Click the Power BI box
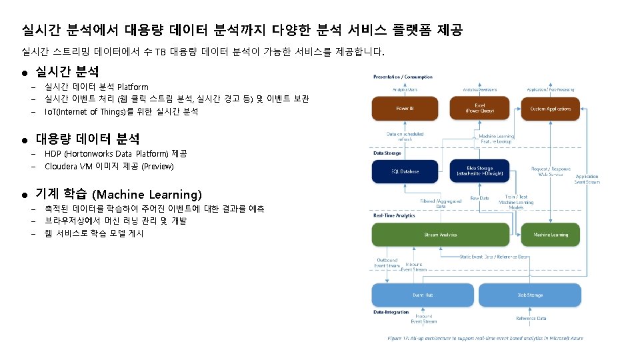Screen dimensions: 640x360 pos(405,109)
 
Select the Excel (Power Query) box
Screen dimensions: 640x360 pos(479,109)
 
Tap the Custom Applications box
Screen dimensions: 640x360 pos(550,109)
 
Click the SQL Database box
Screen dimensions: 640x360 pos(405,172)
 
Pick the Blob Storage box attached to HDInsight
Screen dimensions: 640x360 pos(479,171)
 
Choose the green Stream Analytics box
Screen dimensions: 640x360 pos(440,235)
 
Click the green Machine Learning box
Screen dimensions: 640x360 pos(550,235)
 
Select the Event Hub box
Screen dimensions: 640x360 pos(421,295)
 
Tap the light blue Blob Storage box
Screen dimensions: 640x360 pos(530,295)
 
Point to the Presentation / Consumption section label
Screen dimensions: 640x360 pos(403,77)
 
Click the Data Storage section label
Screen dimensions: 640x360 pos(387,153)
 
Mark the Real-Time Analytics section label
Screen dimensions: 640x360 pos(393,215)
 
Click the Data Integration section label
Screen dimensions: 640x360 pos(391,311)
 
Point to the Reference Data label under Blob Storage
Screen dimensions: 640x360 pos(531,319)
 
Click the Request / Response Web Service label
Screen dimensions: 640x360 pos(551,172)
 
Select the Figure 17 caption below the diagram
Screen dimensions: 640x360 pos(485,338)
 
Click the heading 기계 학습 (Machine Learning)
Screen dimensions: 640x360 pos(118,195)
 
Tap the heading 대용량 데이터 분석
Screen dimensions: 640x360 pos(87,139)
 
